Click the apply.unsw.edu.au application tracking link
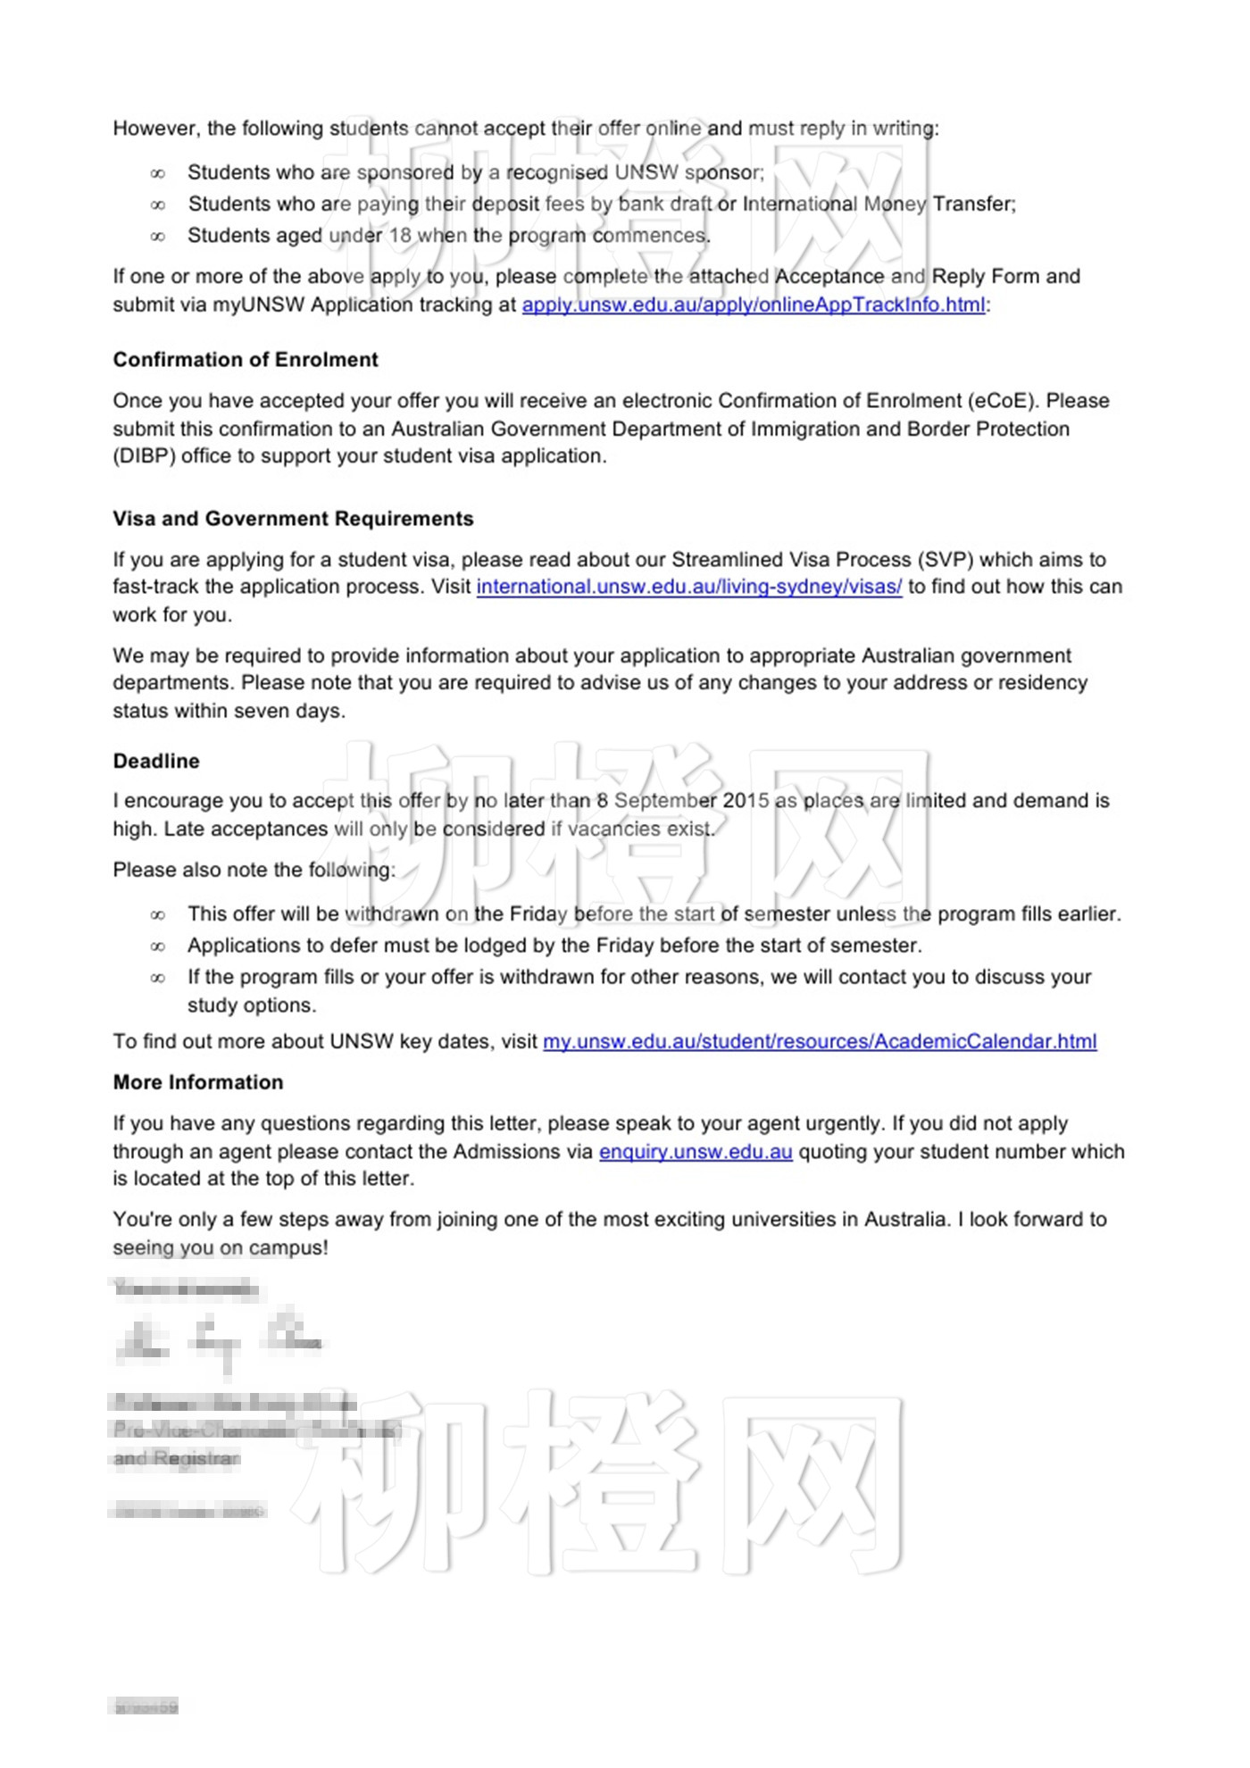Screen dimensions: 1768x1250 click(x=754, y=304)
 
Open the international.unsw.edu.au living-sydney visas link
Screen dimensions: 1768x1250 click(x=688, y=587)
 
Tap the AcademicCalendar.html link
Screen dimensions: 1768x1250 click(x=820, y=1041)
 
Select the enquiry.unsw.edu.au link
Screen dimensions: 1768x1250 click(x=696, y=1152)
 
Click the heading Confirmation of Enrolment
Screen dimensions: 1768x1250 click(x=246, y=360)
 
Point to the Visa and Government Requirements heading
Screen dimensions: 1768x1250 click(x=293, y=519)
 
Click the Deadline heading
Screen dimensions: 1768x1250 click(x=156, y=761)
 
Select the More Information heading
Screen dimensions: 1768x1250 click(x=198, y=1082)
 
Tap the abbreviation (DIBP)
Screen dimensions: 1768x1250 click(x=144, y=456)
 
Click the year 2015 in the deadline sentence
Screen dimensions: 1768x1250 click(x=746, y=801)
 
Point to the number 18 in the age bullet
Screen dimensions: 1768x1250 click(x=400, y=236)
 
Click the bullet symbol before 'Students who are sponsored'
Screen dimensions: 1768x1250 click(x=158, y=173)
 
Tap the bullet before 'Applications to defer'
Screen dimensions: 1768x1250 click(x=158, y=947)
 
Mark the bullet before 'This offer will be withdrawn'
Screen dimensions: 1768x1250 click(x=158, y=915)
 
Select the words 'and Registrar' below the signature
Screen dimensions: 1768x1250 click(x=177, y=1458)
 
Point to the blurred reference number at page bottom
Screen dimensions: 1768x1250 click(x=144, y=1706)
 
